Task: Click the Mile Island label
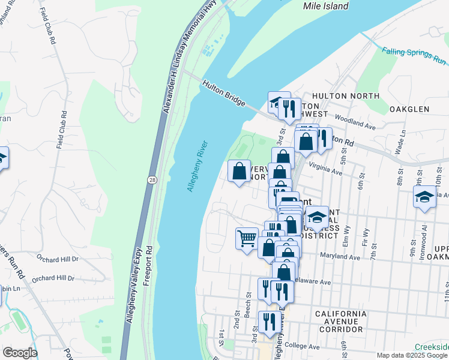(x=327, y=6)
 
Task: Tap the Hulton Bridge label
(x=224, y=95)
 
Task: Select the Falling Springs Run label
(x=415, y=56)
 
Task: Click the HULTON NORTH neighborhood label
(x=346, y=96)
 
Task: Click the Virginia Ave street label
(x=325, y=169)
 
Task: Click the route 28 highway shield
(x=151, y=179)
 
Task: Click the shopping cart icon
(x=246, y=239)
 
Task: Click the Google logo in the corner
(x=20, y=353)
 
